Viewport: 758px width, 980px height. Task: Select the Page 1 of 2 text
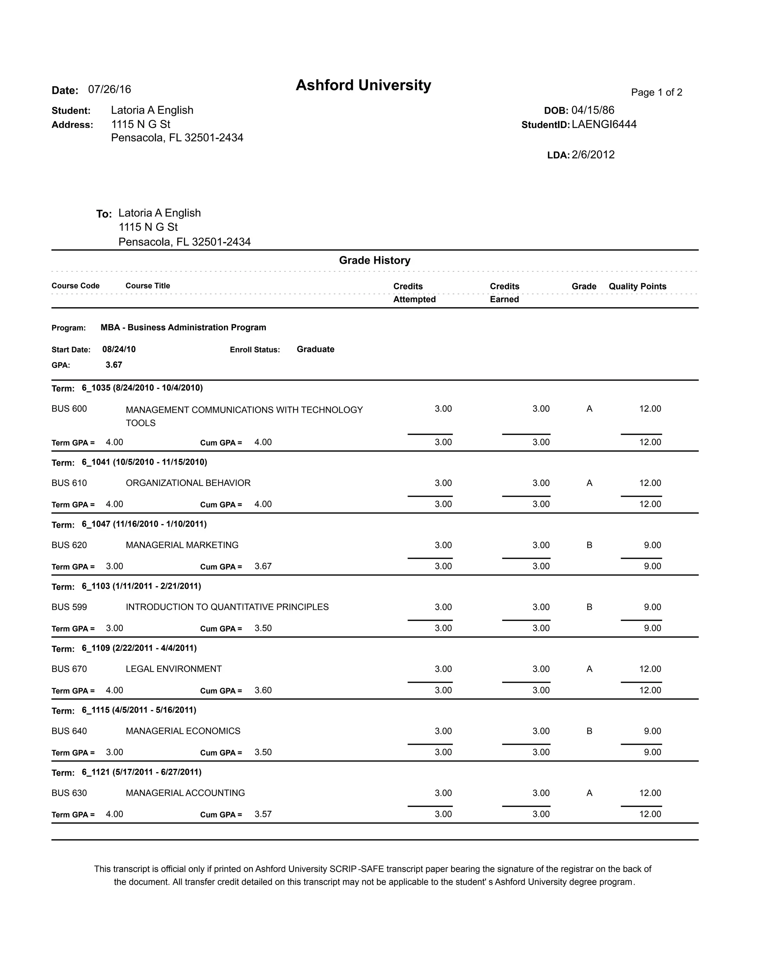coord(656,92)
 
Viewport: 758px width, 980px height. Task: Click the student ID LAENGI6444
coord(604,124)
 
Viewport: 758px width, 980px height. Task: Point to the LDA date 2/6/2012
coord(593,155)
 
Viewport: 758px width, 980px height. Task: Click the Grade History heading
coord(375,260)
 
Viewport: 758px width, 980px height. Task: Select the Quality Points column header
coord(637,286)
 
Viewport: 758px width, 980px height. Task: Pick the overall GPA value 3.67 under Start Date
coord(114,365)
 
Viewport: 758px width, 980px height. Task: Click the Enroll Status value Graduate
coord(315,349)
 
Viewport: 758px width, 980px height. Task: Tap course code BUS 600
coord(69,409)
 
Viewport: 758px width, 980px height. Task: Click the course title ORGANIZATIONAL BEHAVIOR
coord(188,483)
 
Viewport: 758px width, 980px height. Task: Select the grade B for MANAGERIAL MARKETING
coord(589,545)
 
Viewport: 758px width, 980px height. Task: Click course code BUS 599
coord(69,607)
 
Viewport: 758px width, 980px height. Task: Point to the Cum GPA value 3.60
coord(263,690)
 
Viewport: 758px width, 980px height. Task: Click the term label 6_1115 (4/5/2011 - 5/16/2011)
coord(139,710)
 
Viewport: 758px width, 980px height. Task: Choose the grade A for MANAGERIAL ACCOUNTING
coord(589,793)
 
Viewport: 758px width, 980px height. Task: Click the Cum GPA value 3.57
coord(263,814)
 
